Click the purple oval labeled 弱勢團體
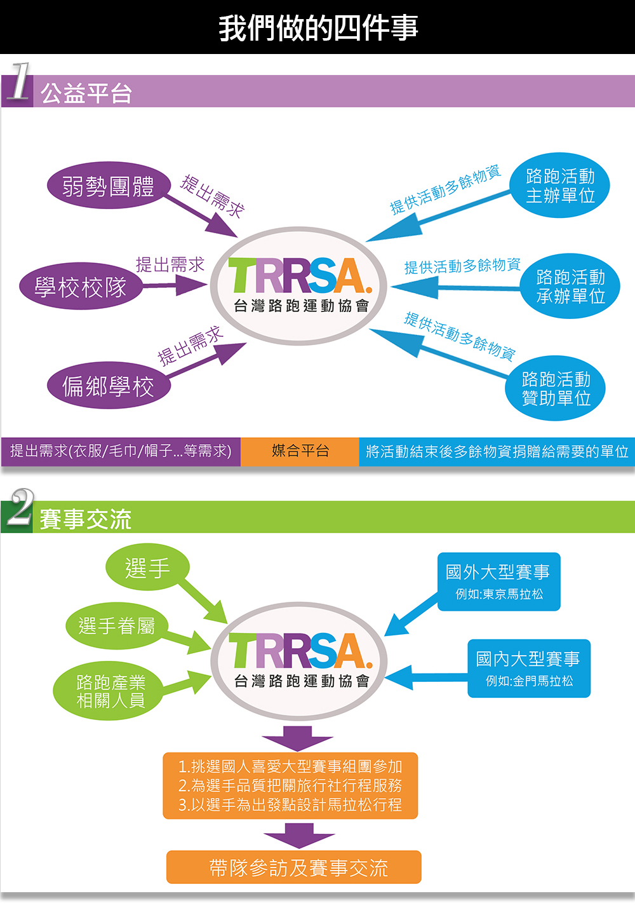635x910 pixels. [109, 186]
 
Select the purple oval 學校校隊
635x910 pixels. [81, 287]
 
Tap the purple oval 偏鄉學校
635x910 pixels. [109, 386]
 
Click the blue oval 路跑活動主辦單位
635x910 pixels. [559, 186]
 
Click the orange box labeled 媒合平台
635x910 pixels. [300, 451]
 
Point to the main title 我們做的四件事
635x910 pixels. [317, 28]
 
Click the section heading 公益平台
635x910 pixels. [86, 93]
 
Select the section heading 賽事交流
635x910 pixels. [85, 519]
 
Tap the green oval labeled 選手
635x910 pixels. [147, 567]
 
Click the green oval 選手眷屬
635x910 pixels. [116, 626]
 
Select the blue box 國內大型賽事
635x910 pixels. [528, 669]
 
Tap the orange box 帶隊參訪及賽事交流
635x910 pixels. [293, 867]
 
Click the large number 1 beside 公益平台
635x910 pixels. [20, 81]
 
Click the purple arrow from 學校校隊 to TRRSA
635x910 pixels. [175, 285]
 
